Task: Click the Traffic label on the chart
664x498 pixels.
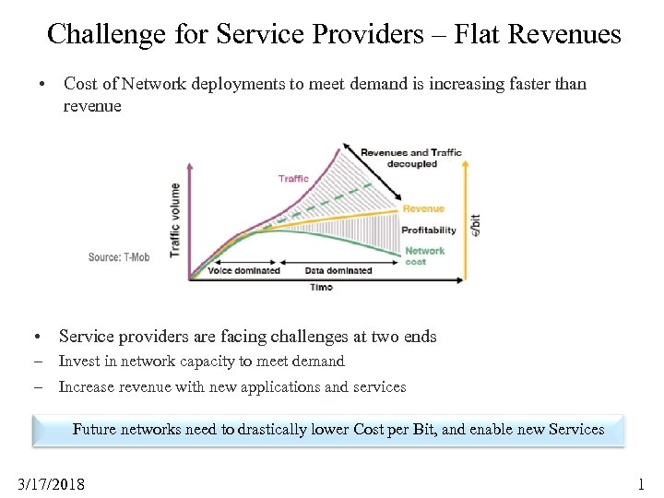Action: pyautogui.click(x=293, y=178)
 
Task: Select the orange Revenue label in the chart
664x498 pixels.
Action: pyautogui.click(x=423, y=208)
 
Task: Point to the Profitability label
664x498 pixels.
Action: pyautogui.click(x=429, y=230)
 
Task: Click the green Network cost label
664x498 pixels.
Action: pyautogui.click(x=424, y=255)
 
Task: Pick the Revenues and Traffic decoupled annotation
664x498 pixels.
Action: pyautogui.click(x=411, y=158)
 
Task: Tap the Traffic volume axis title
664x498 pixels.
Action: pyautogui.click(x=175, y=219)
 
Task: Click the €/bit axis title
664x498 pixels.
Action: pyautogui.click(x=475, y=224)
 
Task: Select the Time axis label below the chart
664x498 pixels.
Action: pyautogui.click(x=322, y=287)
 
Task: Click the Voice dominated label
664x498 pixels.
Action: pyautogui.click(x=243, y=270)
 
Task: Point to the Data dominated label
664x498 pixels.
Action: pyautogui.click(x=338, y=270)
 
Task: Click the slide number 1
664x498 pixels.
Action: pyautogui.click(x=642, y=483)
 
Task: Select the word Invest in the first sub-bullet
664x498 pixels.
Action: pyautogui.click(x=79, y=362)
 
